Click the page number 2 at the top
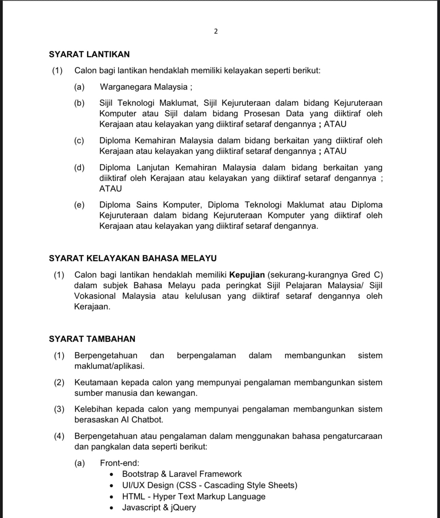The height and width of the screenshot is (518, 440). click(x=216, y=31)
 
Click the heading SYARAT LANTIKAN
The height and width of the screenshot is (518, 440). click(x=89, y=54)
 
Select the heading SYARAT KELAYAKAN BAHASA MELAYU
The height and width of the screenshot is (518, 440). click(x=133, y=258)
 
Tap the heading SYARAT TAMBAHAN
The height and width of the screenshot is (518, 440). click(x=92, y=339)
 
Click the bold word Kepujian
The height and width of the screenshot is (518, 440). click(x=247, y=275)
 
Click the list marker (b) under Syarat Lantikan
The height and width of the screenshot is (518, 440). click(x=79, y=103)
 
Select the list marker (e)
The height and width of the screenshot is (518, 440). click(x=79, y=205)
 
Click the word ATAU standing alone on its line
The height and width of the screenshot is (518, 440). click(x=111, y=189)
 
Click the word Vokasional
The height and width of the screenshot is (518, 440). click(x=95, y=296)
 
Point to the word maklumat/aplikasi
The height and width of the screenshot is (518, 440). click(x=109, y=366)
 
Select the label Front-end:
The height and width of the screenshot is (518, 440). click(x=119, y=463)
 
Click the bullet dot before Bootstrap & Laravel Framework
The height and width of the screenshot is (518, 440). click(x=111, y=474)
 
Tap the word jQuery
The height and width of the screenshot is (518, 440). click(x=183, y=507)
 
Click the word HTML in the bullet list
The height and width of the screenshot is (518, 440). click(x=133, y=496)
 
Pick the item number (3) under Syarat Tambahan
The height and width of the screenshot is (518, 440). click(x=59, y=409)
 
